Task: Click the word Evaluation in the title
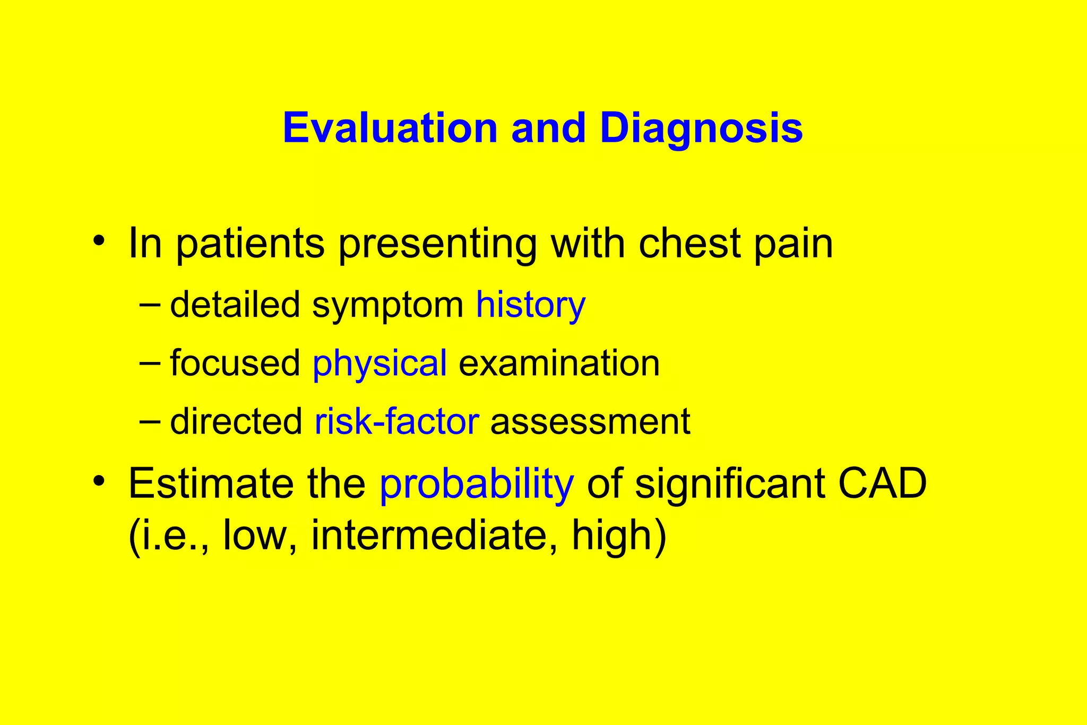coord(390,128)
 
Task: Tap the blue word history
coord(530,306)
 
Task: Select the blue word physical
coord(379,364)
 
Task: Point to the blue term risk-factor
coord(396,422)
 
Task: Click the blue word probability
coord(476,484)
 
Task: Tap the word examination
coord(559,364)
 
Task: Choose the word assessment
coord(590,422)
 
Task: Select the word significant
coord(730,484)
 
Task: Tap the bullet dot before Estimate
coord(98,481)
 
